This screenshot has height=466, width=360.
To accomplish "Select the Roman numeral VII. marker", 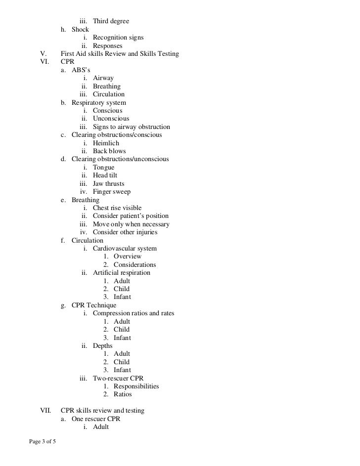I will click(45, 411).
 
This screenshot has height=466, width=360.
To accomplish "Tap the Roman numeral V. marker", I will click(43, 54).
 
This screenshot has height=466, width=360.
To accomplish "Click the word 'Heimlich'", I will click(106, 143).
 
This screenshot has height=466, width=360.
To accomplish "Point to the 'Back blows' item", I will click(109, 151).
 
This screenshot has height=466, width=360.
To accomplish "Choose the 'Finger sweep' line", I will click(112, 192).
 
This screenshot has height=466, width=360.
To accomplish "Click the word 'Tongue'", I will click(103, 168).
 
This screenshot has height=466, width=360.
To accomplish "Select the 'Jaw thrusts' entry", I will click(109, 184).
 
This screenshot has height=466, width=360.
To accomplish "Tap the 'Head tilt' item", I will click(105, 175).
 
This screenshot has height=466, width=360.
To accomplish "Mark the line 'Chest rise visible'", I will click(117, 208).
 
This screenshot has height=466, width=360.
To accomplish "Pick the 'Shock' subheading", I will click(80, 30).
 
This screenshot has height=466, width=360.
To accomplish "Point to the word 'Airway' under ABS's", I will click(103, 78).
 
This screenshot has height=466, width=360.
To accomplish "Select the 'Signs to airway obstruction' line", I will click(131, 127).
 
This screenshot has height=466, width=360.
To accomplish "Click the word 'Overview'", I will click(127, 256).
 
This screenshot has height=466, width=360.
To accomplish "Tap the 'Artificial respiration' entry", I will click(122, 273).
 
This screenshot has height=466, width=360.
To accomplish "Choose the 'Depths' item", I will click(103, 345).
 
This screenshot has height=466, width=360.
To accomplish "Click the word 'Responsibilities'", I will click(136, 386).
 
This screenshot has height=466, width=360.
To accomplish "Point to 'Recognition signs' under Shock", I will click(118, 38).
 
